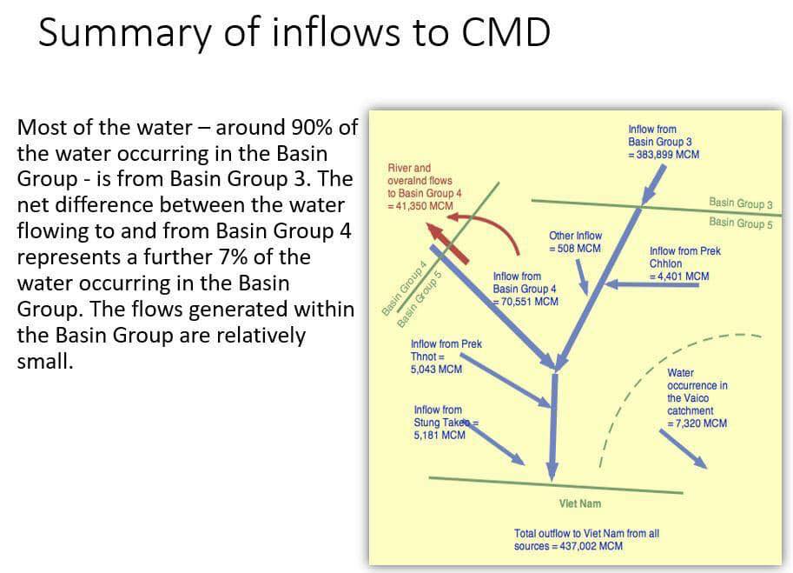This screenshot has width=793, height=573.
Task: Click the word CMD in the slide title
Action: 506,32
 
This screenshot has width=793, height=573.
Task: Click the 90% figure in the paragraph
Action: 311,128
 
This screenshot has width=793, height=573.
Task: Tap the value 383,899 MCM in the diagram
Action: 668,155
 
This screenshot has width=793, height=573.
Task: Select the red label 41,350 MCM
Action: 425,206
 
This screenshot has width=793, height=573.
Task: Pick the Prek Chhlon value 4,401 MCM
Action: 684,277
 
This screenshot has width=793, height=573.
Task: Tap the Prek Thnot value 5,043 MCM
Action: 436,370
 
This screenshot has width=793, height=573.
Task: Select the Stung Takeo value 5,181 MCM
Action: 439,436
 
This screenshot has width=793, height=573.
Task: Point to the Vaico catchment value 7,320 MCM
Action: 701,423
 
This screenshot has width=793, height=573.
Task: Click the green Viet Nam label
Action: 580,503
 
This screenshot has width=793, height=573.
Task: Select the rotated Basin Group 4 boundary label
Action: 405,288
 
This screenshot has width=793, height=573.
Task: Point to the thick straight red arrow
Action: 447,244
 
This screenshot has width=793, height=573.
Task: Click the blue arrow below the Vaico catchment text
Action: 683,449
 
